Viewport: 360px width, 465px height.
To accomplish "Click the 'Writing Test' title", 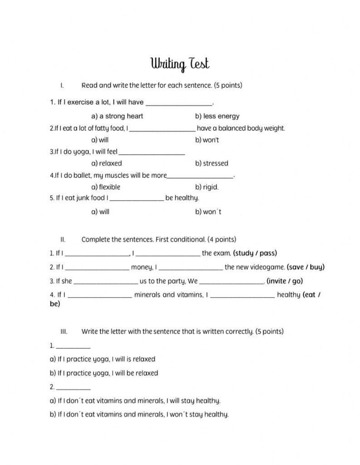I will (x=180, y=64).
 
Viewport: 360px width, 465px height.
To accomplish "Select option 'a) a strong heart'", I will (x=117, y=116).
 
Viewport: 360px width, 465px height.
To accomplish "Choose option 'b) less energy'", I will (x=217, y=116).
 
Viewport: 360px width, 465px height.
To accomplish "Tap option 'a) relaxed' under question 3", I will (x=107, y=163).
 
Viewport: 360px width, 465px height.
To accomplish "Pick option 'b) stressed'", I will (x=212, y=163).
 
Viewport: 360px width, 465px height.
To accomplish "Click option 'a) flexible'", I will (x=106, y=187).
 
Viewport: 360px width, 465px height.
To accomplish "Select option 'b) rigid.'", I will (x=207, y=187).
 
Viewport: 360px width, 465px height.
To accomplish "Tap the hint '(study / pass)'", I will (x=255, y=253).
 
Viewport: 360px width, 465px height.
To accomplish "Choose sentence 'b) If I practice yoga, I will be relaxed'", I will (x=104, y=373).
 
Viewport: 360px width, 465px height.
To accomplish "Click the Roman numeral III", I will (x=63, y=332).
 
